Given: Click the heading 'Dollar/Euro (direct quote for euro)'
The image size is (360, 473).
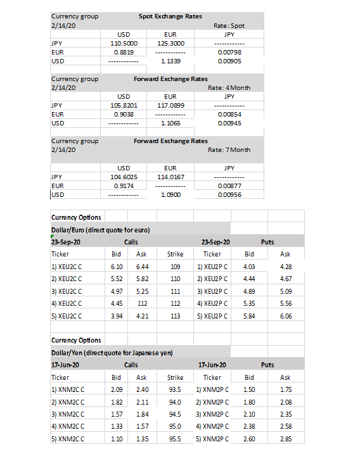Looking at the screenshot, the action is pyautogui.click(x=100, y=230).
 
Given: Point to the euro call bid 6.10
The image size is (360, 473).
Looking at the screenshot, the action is pyautogui.click(x=116, y=267).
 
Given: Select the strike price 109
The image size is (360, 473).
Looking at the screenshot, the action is pyautogui.click(x=176, y=267).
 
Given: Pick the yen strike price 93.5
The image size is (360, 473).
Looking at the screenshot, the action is pyautogui.click(x=176, y=389).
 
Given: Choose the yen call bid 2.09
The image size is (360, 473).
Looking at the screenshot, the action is pyautogui.click(x=116, y=389).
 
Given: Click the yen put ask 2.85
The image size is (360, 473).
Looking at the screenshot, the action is pyautogui.click(x=285, y=438).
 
